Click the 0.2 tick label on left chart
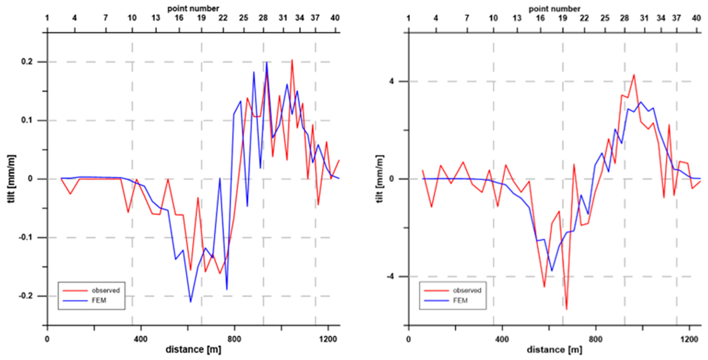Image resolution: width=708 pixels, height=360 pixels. (x=27, y=62)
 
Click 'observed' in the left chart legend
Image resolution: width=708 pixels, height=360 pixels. (x=106, y=290)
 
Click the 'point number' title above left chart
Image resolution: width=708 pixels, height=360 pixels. (x=193, y=8)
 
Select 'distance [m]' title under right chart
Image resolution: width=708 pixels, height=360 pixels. (x=554, y=350)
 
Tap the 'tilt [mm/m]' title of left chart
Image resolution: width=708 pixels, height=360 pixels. (x=11, y=179)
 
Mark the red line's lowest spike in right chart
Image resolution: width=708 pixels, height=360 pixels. (x=566, y=309)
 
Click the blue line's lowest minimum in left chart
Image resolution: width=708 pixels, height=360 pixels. (x=191, y=302)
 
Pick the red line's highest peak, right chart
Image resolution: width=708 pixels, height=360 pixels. (x=634, y=75)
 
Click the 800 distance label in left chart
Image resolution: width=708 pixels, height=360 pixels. (x=234, y=339)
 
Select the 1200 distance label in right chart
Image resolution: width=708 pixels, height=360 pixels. (x=689, y=339)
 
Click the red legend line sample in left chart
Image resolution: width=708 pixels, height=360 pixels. (x=75, y=290)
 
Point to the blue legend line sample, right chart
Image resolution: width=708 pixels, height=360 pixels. (x=436, y=301)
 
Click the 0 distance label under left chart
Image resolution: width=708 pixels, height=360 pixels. (x=47, y=339)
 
